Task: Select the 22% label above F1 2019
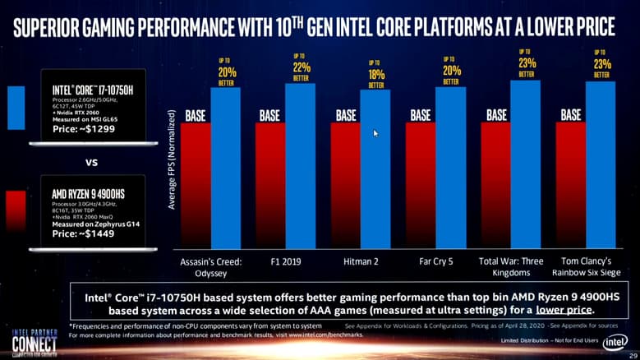(300, 67)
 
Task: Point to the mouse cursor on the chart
(375, 132)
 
